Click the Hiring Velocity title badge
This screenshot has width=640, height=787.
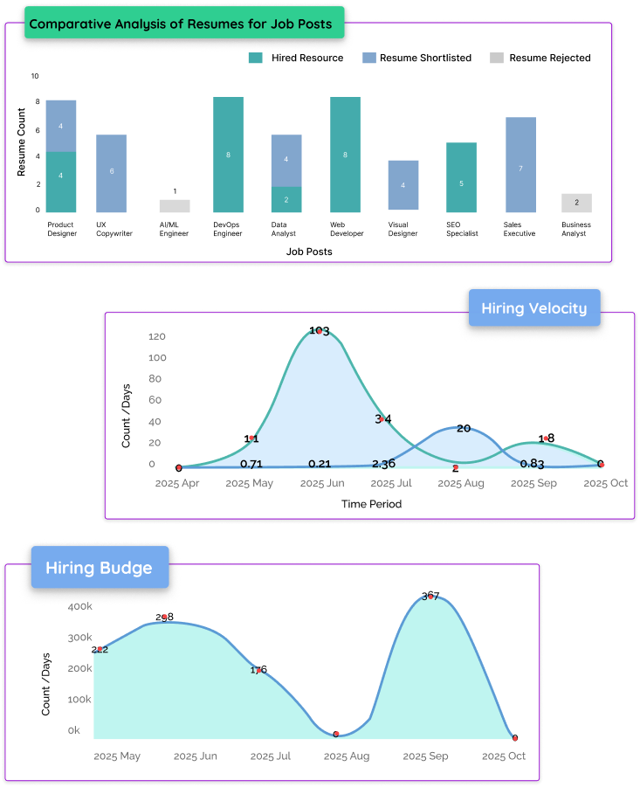[x=534, y=307]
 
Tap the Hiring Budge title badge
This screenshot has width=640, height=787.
[x=99, y=568]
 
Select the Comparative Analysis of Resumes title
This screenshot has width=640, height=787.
[x=181, y=24]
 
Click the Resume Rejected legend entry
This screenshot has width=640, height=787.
[x=540, y=58]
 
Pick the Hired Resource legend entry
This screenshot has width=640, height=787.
[x=297, y=58]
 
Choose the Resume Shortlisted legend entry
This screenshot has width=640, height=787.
[x=417, y=58]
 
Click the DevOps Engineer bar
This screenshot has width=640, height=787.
[x=228, y=155]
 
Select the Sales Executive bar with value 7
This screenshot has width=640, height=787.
[x=520, y=164]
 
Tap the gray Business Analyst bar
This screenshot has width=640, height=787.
[x=576, y=203]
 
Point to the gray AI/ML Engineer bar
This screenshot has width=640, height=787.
[x=175, y=206]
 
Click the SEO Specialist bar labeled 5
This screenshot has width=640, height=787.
[x=461, y=177]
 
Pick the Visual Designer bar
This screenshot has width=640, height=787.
[x=403, y=185]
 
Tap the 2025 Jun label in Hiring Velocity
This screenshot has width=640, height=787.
[x=322, y=483]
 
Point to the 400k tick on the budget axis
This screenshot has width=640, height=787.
[x=79, y=605]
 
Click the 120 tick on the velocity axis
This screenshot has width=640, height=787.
[x=157, y=336]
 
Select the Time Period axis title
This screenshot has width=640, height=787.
[x=372, y=504]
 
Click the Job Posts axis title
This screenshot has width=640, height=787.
[x=309, y=252]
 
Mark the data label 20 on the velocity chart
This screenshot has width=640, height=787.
[x=464, y=428]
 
